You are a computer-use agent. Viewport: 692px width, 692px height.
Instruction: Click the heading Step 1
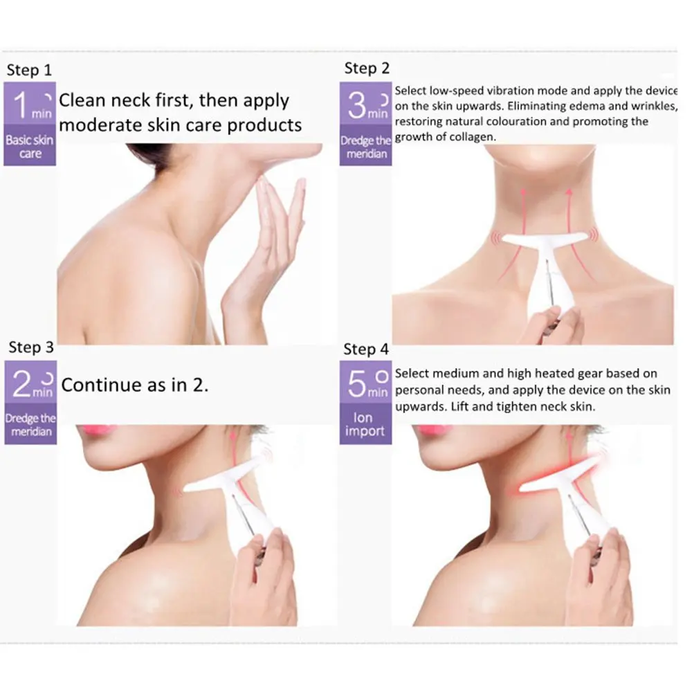[29, 70]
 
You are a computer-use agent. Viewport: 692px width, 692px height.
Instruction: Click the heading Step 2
[367, 69]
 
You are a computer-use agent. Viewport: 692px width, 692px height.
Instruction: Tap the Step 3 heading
[31, 347]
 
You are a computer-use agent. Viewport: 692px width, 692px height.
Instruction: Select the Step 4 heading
[366, 349]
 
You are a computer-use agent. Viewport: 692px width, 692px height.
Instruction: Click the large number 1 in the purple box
[21, 105]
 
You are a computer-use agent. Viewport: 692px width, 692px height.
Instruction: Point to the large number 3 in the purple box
[357, 106]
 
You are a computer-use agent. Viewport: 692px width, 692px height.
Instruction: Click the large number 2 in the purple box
[21, 383]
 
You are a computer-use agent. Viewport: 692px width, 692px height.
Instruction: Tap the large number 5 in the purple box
[357, 384]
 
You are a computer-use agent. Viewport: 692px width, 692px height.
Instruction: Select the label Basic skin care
[30, 147]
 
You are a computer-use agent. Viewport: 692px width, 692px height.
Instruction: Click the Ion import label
[365, 424]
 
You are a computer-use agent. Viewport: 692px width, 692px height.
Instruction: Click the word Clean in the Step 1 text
[82, 100]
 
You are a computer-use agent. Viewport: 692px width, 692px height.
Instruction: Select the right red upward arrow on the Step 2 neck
[578, 230]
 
